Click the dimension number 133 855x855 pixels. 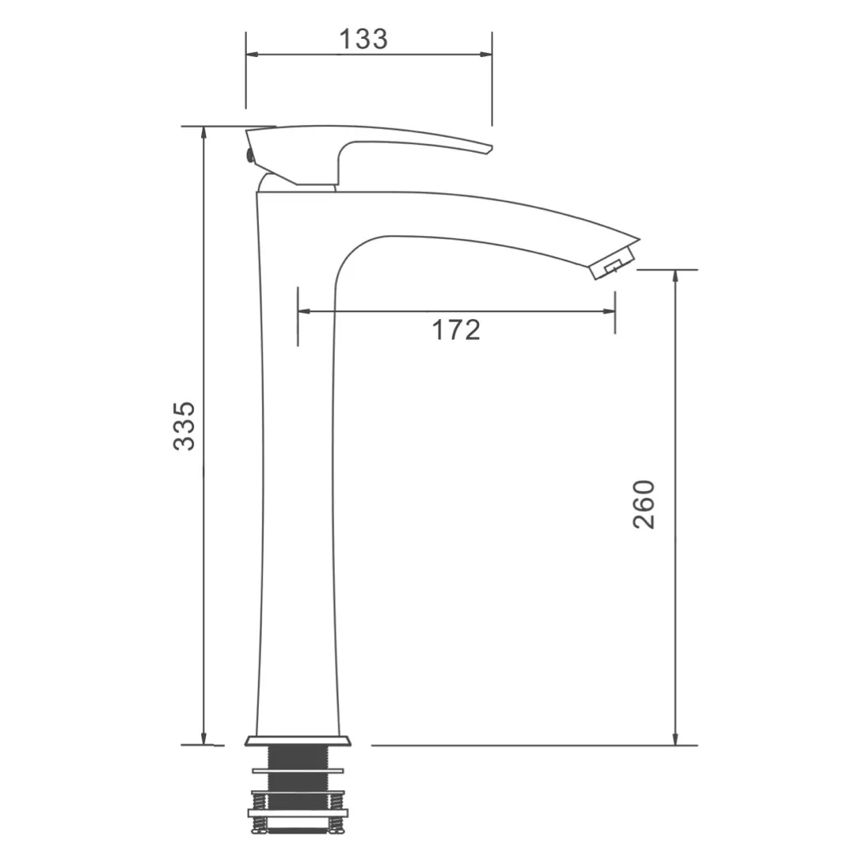[363, 40]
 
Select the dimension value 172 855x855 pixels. [456, 330]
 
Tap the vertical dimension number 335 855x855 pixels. [184, 426]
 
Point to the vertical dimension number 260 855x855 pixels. [644, 504]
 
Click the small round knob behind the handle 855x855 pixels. [249, 155]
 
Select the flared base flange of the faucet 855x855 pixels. [298, 740]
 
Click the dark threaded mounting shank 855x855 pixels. [298, 785]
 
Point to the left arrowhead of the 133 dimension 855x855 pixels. [252, 55]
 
